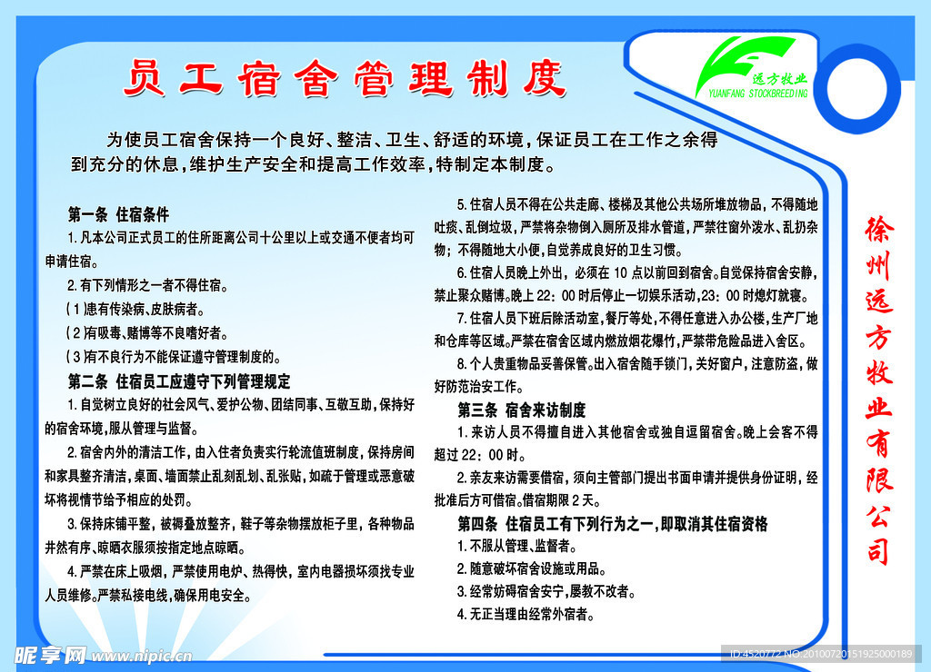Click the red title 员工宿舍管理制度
[x=345, y=78]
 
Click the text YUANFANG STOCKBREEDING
[x=758, y=94]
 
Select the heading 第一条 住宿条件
[x=118, y=214]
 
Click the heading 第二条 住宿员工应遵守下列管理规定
[x=179, y=380]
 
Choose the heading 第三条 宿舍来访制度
[x=521, y=410]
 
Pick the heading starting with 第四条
[x=613, y=524]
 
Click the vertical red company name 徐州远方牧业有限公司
[x=879, y=390]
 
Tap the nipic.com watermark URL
[x=141, y=656]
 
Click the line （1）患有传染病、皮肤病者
[x=135, y=309]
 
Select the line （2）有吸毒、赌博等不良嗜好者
[x=146, y=332]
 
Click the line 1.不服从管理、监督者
[x=516, y=546]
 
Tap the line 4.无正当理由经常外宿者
[x=526, y=615]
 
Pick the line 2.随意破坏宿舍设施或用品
[x=531, y=568]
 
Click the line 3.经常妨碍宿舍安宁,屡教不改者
[x=546, y=591]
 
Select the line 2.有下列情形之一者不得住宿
[x=147, y=285]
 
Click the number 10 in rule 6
[x=620, y=272]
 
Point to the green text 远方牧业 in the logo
[x=779, y=79]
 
